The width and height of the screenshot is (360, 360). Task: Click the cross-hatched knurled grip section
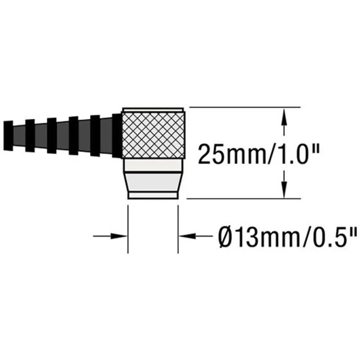click(x=154, y=134)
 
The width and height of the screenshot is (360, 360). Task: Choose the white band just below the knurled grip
click(x=154, y=165)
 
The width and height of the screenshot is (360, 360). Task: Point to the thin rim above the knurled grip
click(x=154, y=109)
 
